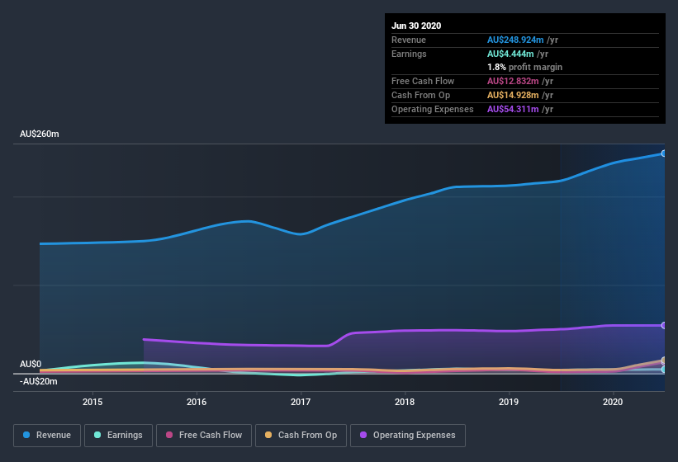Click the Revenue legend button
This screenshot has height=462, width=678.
pyautogui.click(x=47, y=435)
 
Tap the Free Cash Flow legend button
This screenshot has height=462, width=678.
pyautogui.click(x=204, y=435)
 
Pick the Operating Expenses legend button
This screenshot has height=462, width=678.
pyautogui.click(x=407, y=435)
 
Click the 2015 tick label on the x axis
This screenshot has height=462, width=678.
pyautogui.click(x=92, y=403)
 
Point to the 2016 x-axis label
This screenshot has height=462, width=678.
pyautogui.click(x=197, y=403)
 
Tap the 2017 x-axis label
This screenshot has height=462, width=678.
pyautogui.click(x=301, y=403)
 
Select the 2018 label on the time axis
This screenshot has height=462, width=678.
pyautogui.click(x=405, y=403)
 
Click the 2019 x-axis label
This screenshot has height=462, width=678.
pyautogui.click(x=509, y=403)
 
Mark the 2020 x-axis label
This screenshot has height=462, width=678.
pyautogui.click(x=613, y=403)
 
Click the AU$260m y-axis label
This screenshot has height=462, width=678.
pyautogui.click(x=40, y=134)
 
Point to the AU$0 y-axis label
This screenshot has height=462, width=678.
pyautogui.click(x=31, y=364)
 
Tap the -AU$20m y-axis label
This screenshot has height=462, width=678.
pyautogui.click(x=39, y=381)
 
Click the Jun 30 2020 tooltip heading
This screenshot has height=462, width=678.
pyautogui.click(x=416, y=26)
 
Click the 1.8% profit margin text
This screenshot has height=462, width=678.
pyautogui.click(x=524, y=67)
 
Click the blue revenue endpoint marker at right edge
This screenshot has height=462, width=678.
pyautogui.click(x=664, y=153)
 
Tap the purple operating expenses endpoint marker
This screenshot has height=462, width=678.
pyautogui.click(x=664, y=325)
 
